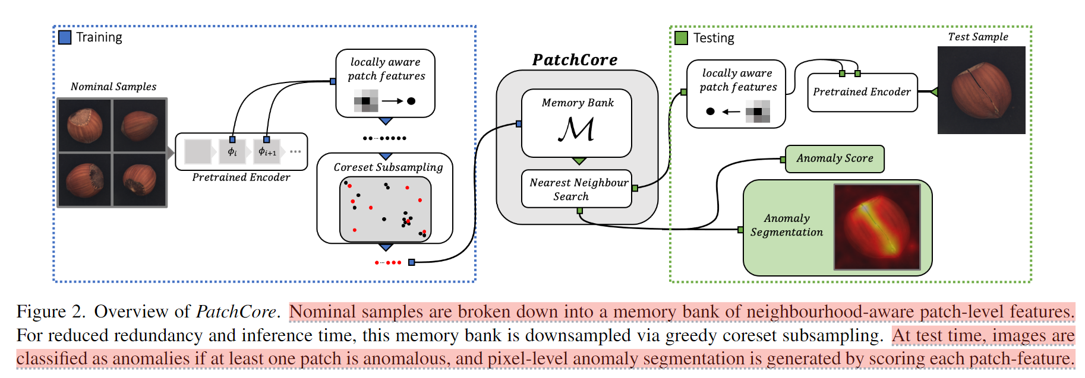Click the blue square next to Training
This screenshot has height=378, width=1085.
click(x=65, y=37)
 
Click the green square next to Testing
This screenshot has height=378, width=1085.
click(x=681, y=38)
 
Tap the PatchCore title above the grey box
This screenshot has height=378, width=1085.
click(x=575, y=60)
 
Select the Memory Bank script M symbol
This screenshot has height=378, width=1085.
click(x=576, y=129)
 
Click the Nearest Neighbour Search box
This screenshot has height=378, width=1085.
click(x=576, y=189)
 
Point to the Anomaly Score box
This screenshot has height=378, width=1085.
click(x=835, y=158)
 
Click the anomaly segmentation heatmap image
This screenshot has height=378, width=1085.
click(x=877, y=227)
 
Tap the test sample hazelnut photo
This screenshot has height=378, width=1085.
click(x=981, y=90)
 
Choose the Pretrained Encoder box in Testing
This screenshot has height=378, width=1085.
click(x=862, y=92)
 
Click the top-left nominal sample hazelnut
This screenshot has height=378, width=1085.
click(x=85, y=125)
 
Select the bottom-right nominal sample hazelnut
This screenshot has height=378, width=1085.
click(x=140, y=180)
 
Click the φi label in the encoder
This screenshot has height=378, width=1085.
click(x=232, y=152)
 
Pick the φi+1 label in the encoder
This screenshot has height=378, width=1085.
click(x=267, y=152)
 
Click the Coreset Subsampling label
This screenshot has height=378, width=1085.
click(x=388, y=167)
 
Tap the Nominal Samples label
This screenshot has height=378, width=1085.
click(x=113, y=87)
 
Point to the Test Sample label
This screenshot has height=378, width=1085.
click(x=978, y=37)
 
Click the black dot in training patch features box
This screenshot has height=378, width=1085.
click(x=411, y=101)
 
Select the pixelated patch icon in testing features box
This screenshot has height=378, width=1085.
click(x=758, y=112)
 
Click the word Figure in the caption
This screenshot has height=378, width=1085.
click(x=42, y=312)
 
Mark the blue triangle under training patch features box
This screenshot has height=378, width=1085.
click(x=386, y=121)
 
